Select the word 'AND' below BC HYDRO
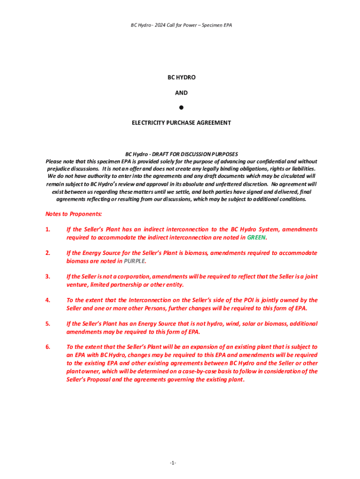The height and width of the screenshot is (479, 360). [x=181, y=93]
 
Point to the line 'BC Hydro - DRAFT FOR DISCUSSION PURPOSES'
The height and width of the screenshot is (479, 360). [x=181, y=154]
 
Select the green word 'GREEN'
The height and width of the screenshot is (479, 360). [x=256, y=237]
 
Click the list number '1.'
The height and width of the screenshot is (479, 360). [x=48, y=229]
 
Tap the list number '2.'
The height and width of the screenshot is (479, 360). [x=48, y=253]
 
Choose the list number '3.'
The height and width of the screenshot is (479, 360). [x=48, y=276]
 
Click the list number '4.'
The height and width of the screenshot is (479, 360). [x=48, y=300]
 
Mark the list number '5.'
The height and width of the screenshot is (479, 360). [x=48, y=323]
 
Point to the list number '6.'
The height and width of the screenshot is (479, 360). [x=48, y=347]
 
